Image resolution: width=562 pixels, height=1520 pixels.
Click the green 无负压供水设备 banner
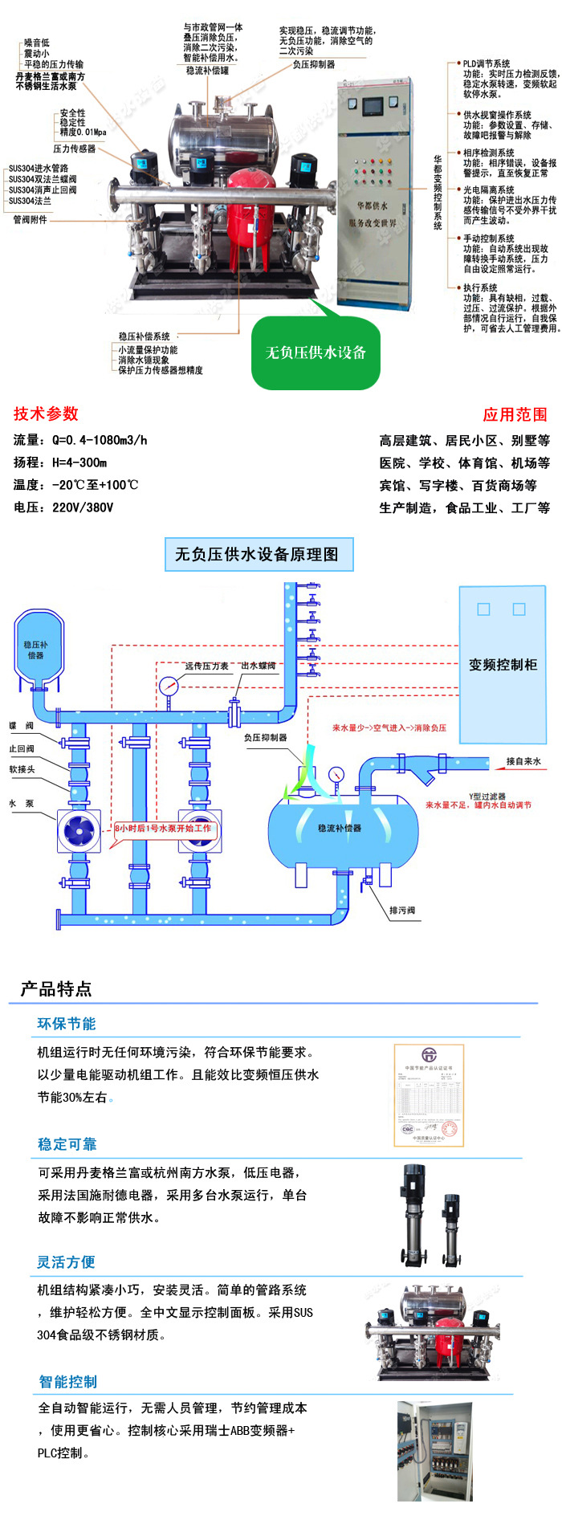pos(316,352)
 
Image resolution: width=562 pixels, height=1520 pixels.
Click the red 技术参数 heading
pos(46,414)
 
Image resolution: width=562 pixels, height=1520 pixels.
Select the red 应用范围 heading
pos(515,414)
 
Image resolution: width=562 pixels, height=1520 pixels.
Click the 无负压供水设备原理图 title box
pos(257,554)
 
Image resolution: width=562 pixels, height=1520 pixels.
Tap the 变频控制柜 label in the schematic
pos(503,665)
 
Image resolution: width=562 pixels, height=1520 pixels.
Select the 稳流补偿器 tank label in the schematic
pos(340,828)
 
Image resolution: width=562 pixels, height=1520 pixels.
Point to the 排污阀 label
pos(402,911)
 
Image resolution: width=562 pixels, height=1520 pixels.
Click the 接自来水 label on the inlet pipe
pos(523,761)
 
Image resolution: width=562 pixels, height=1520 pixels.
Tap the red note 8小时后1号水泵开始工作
pos(163,828)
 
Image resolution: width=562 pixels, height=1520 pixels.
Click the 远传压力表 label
pos(206,666)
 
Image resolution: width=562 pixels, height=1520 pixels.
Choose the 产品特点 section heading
pos(55,989)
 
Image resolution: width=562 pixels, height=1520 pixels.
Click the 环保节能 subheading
pos(67,1024)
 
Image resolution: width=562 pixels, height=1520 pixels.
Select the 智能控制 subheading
pos(68,1382)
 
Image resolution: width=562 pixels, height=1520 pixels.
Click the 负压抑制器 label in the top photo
pos(314,64)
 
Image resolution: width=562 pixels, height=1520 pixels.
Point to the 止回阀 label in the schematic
pos(22,748)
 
